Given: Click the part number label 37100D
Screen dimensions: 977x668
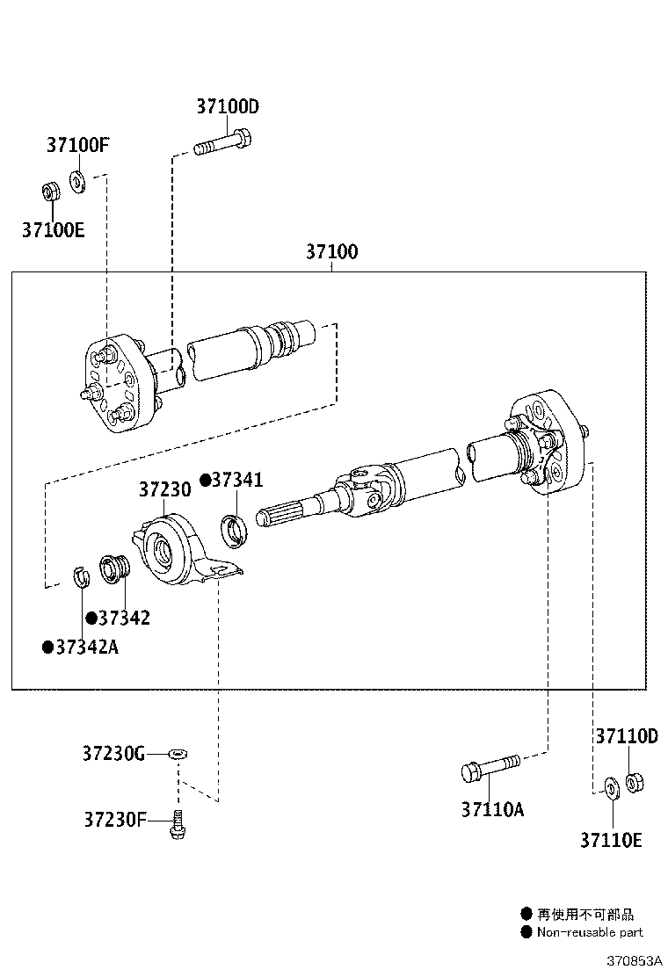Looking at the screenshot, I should [228, 107].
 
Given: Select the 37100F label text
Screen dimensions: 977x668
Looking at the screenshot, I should [78, 145].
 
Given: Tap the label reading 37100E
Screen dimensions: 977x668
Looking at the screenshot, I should [54, 230].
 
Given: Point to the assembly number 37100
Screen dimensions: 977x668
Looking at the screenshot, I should [331, 252].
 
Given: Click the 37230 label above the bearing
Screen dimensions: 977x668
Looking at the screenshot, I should [164, 490].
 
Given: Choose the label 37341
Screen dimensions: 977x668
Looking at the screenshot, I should [236, 480].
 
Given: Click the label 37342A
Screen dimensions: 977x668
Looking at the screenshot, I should [86, 648].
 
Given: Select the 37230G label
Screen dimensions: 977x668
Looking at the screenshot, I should [113, 754].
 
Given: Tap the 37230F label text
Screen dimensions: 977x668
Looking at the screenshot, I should [115, 820].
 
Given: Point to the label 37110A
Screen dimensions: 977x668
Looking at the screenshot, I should [492, 809].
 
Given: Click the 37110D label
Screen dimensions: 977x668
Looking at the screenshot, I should [626, 736].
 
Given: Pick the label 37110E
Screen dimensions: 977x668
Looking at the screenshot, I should [611, 841].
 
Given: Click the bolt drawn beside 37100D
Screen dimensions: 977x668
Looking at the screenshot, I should [223, 142].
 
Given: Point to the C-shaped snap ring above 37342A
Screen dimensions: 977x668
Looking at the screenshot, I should [82, 579].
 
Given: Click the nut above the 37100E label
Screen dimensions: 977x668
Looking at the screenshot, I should [52, 191].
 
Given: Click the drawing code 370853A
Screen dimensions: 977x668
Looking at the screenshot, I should [633, 960].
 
